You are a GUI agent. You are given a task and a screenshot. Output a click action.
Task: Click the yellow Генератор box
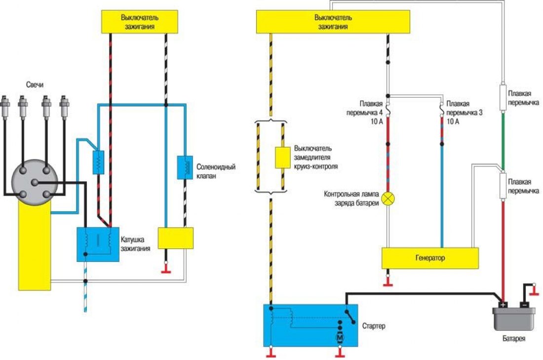coord(430,258)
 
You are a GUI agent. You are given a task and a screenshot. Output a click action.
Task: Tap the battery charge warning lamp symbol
coord(388,199)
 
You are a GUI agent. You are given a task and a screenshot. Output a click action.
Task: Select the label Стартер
coord(374,326)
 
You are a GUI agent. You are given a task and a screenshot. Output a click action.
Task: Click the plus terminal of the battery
coord(503,305)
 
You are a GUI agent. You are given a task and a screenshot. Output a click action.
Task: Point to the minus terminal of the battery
coord(524,305)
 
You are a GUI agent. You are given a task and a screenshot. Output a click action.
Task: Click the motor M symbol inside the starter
coord(340,337)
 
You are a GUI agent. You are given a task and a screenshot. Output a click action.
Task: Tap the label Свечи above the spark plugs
coord(35,85)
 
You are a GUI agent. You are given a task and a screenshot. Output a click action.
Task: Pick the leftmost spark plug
coord(5,107)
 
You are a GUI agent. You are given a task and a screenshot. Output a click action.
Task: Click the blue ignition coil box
coord(98,244)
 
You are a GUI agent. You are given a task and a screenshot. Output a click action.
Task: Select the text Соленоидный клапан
coord(216,171)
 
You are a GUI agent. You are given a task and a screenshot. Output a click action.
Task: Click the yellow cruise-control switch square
coord(283,158)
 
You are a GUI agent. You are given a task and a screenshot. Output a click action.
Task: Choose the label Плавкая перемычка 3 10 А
coord(464,113)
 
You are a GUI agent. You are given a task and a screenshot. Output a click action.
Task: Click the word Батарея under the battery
coord(514,338)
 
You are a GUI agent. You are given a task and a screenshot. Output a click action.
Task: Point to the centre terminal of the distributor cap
coord(35,182)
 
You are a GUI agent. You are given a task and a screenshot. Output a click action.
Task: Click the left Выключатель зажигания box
coord(140,22)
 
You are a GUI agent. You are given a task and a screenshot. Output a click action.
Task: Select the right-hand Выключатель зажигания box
coord(333,22)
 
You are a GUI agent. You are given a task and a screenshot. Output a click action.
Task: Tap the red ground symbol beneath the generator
coord(388,284)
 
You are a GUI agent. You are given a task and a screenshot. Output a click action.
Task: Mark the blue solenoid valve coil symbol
coord(185,167)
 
